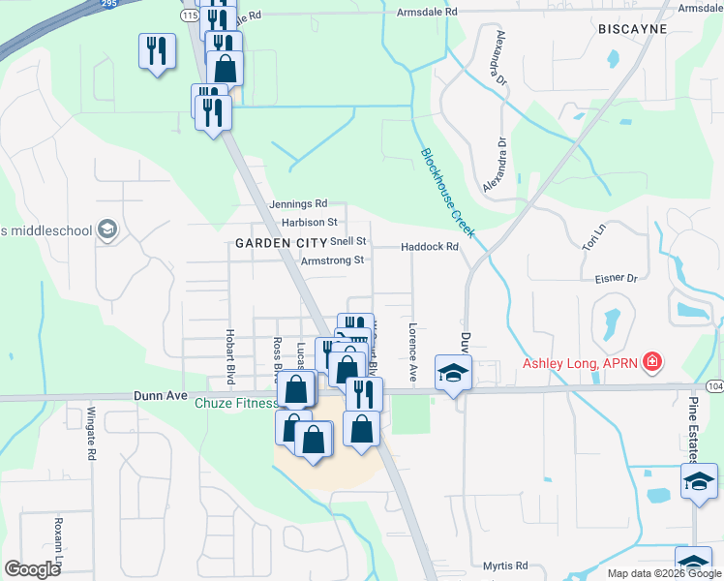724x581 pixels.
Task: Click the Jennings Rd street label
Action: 299,204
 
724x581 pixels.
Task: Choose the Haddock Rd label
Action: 429,247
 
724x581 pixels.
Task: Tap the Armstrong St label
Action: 332,260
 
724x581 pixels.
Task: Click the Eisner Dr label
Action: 617,279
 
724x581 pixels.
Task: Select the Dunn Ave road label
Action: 159,395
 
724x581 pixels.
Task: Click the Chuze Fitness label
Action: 236,404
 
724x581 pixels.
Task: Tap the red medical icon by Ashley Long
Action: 653,363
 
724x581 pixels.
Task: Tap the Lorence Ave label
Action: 412,351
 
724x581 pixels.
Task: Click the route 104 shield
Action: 714,384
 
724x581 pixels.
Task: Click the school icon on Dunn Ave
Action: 452,374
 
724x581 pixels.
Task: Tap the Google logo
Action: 33,569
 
